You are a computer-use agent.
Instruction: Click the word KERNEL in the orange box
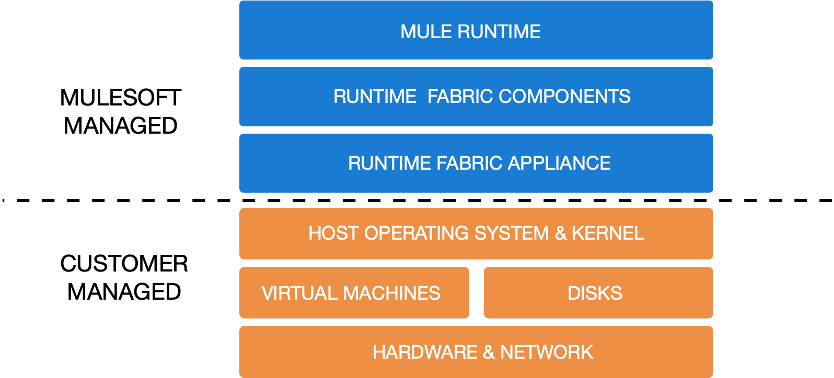(608, 233)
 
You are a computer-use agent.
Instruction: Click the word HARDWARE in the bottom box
(425, 352)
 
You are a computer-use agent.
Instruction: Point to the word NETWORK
(546, 352)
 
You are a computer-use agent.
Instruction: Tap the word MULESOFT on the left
(121, 98)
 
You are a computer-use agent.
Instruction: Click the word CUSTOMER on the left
(124, 264)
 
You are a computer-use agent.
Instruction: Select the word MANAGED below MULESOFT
(121, 126)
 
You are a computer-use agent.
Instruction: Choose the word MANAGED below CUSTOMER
(124, 292)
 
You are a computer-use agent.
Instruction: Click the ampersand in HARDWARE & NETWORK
(489, 352)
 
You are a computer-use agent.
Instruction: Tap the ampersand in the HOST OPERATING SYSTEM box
(561, 233)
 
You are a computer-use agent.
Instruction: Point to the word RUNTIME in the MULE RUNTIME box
(499, 32)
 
